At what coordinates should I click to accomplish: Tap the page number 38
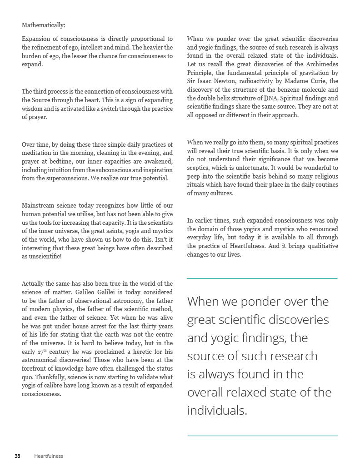(x=17, y=456)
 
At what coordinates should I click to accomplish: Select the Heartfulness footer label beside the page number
(x=49, y=456)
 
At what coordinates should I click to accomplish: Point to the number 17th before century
(x=42, y=352)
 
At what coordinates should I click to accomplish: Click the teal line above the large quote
(x=262, y=278)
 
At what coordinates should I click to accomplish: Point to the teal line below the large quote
(x=262, y=436)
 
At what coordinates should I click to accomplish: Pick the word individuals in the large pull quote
(x=216, y=411)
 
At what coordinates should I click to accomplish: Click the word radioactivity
(x=248, y=81)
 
